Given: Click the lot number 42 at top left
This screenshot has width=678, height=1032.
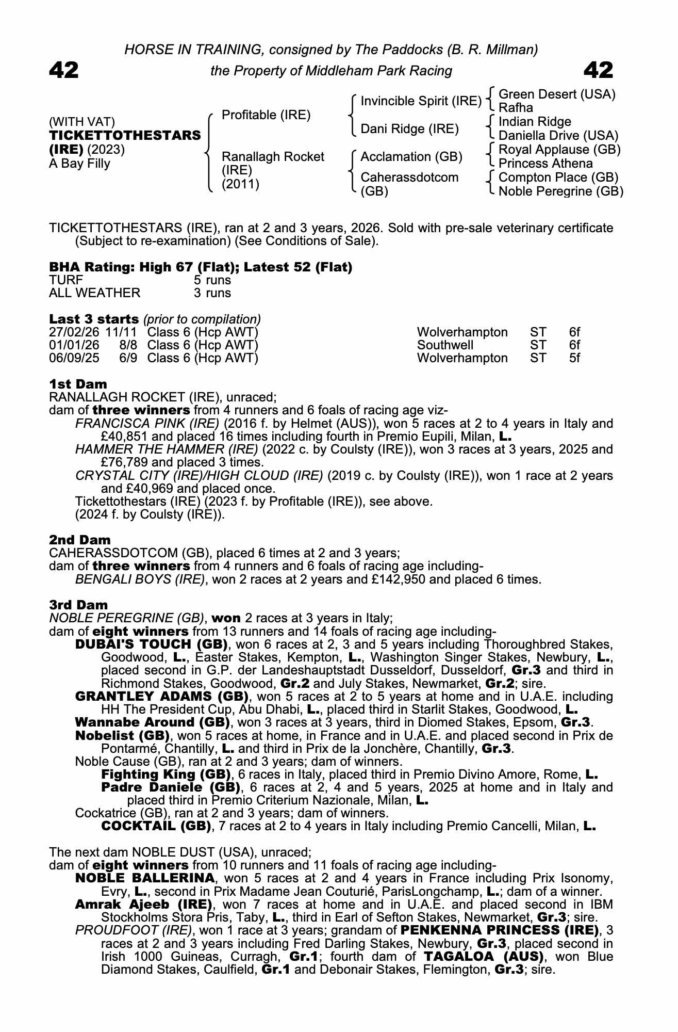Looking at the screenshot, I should [64, 70].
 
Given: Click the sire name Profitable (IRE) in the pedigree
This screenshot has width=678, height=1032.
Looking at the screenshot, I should [266, 115].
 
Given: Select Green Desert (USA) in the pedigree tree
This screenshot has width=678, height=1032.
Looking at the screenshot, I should [557, 94].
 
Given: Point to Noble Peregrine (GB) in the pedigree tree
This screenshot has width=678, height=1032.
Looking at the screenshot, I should [561, 191].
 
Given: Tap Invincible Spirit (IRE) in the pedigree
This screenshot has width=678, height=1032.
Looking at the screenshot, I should [421, 101].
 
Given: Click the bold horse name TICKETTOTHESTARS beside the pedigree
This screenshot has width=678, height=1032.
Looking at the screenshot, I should [125, 136].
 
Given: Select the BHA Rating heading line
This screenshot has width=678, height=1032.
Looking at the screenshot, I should [201, 267].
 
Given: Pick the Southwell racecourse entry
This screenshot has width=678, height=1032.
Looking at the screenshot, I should [445, 345].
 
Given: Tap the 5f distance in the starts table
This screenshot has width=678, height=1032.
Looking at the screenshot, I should [574, 358].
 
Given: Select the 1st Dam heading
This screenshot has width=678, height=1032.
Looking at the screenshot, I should [78, 384].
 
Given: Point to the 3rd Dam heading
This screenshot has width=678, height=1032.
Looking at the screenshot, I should [78, 605].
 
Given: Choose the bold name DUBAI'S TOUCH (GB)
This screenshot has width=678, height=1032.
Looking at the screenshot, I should [152, 644].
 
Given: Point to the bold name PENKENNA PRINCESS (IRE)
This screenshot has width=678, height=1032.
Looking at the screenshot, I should [498, 930].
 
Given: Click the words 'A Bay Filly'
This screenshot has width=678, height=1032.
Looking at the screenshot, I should [79, 164].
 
